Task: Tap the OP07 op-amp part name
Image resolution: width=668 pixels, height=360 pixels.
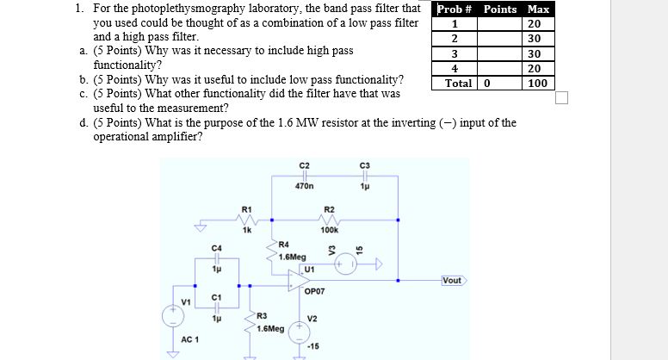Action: click(313, 291)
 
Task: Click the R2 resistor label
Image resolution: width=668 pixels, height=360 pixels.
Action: click(329, 209)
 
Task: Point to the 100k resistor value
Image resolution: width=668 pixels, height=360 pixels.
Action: click(329, 231)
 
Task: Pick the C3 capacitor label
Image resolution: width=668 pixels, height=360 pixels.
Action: click(365, 165)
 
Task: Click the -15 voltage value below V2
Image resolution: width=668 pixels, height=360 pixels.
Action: click(313, 346)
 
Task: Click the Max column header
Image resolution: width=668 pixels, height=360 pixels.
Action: click(539, 9)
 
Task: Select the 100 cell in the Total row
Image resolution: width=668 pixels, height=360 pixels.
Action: click(539, 84)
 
